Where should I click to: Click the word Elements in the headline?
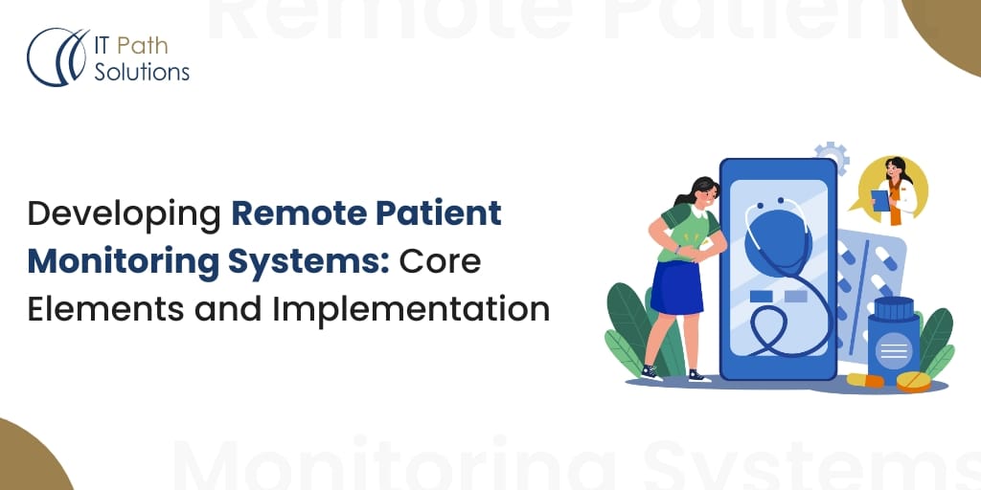(x=105, y=310)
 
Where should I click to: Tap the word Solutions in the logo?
(x=142, y=73)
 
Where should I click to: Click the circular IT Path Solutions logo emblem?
(x=57, y=56)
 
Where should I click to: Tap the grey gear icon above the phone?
(x=833, y=158)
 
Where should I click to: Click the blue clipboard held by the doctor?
(x=881, y=201)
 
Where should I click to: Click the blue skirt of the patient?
(x=677, y=288)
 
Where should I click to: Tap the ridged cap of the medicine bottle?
(x=894, y=308)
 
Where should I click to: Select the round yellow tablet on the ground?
(x=913, y=381)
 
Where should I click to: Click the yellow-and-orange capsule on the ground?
(x=865, y=380)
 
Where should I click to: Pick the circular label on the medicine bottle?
(x=894, y=350)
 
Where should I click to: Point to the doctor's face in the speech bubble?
(x=894, y=170)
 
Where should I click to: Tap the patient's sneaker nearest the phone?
(x=698, y=376)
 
